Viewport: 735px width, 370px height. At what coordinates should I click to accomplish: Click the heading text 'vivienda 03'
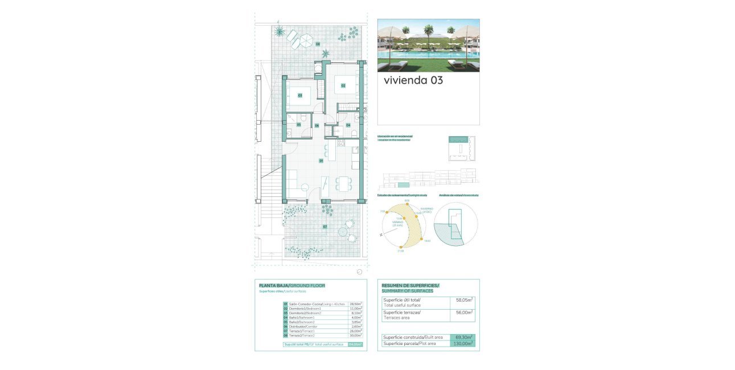pyautogui.click(x=413, y=80)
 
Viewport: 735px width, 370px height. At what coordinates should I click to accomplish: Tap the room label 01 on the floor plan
pyautogui.click(x=321, y=161)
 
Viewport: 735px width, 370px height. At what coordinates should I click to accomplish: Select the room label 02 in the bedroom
pyautogui.click(x=343, y=86)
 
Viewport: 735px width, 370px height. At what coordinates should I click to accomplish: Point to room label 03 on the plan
pyautogui.click(x=300, y=96)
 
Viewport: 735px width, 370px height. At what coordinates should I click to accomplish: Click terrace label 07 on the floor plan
pyautogui.click(x=325, y=227)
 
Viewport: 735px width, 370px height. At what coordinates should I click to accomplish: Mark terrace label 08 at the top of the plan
pyautogui.click(x=318, y=44)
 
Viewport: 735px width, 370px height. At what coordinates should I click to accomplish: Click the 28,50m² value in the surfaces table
pyautogui.click(x=356, y=304)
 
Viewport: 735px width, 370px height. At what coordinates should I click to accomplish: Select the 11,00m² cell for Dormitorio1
pyautogui.click(x=356, y=309)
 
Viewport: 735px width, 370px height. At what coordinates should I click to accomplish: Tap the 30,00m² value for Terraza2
pyautogui.click(x=356, y=335)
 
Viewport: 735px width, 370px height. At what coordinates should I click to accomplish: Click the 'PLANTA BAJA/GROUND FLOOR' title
pyautogui.click(x=292, y=285)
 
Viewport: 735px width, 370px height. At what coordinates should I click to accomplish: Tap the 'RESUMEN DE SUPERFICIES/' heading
pyautogui.click(x=410, y=285)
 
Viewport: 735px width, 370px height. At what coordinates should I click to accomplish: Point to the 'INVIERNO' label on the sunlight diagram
pyautogui.click(x=427, y=209)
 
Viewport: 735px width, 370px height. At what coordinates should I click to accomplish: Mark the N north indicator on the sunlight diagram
pyautogui.click(x=380, y=235)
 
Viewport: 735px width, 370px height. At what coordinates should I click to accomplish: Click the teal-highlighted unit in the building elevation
pyautogui.click(x=403, y=185)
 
